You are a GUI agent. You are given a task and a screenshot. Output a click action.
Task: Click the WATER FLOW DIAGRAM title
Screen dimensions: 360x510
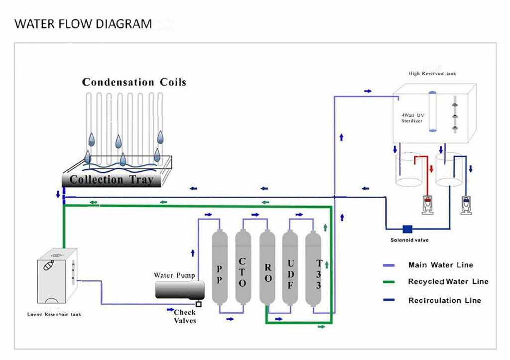coord(83,23)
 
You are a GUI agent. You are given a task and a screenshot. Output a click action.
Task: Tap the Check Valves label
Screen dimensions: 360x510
coord(185,316)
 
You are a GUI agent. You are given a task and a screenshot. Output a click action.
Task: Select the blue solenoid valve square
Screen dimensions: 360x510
coord(407,229)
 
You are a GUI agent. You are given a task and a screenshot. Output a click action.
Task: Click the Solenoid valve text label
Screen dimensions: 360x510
coord(409,240)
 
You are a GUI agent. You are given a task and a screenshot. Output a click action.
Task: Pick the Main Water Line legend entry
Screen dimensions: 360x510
coord(440,265)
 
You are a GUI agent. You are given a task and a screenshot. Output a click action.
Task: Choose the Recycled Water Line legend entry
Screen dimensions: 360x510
coord(448,282)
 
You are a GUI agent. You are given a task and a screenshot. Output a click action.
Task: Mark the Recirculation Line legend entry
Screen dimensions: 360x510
coord(444,300)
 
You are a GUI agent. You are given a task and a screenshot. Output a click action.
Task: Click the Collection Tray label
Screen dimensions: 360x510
coord(111,180)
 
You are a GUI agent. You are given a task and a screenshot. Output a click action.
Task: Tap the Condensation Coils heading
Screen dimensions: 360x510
coord(134,82)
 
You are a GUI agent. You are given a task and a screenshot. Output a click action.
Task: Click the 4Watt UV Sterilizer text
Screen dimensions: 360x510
coord(412,118)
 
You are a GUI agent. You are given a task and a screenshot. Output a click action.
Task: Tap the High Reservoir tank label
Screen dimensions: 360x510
coord(432,74)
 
